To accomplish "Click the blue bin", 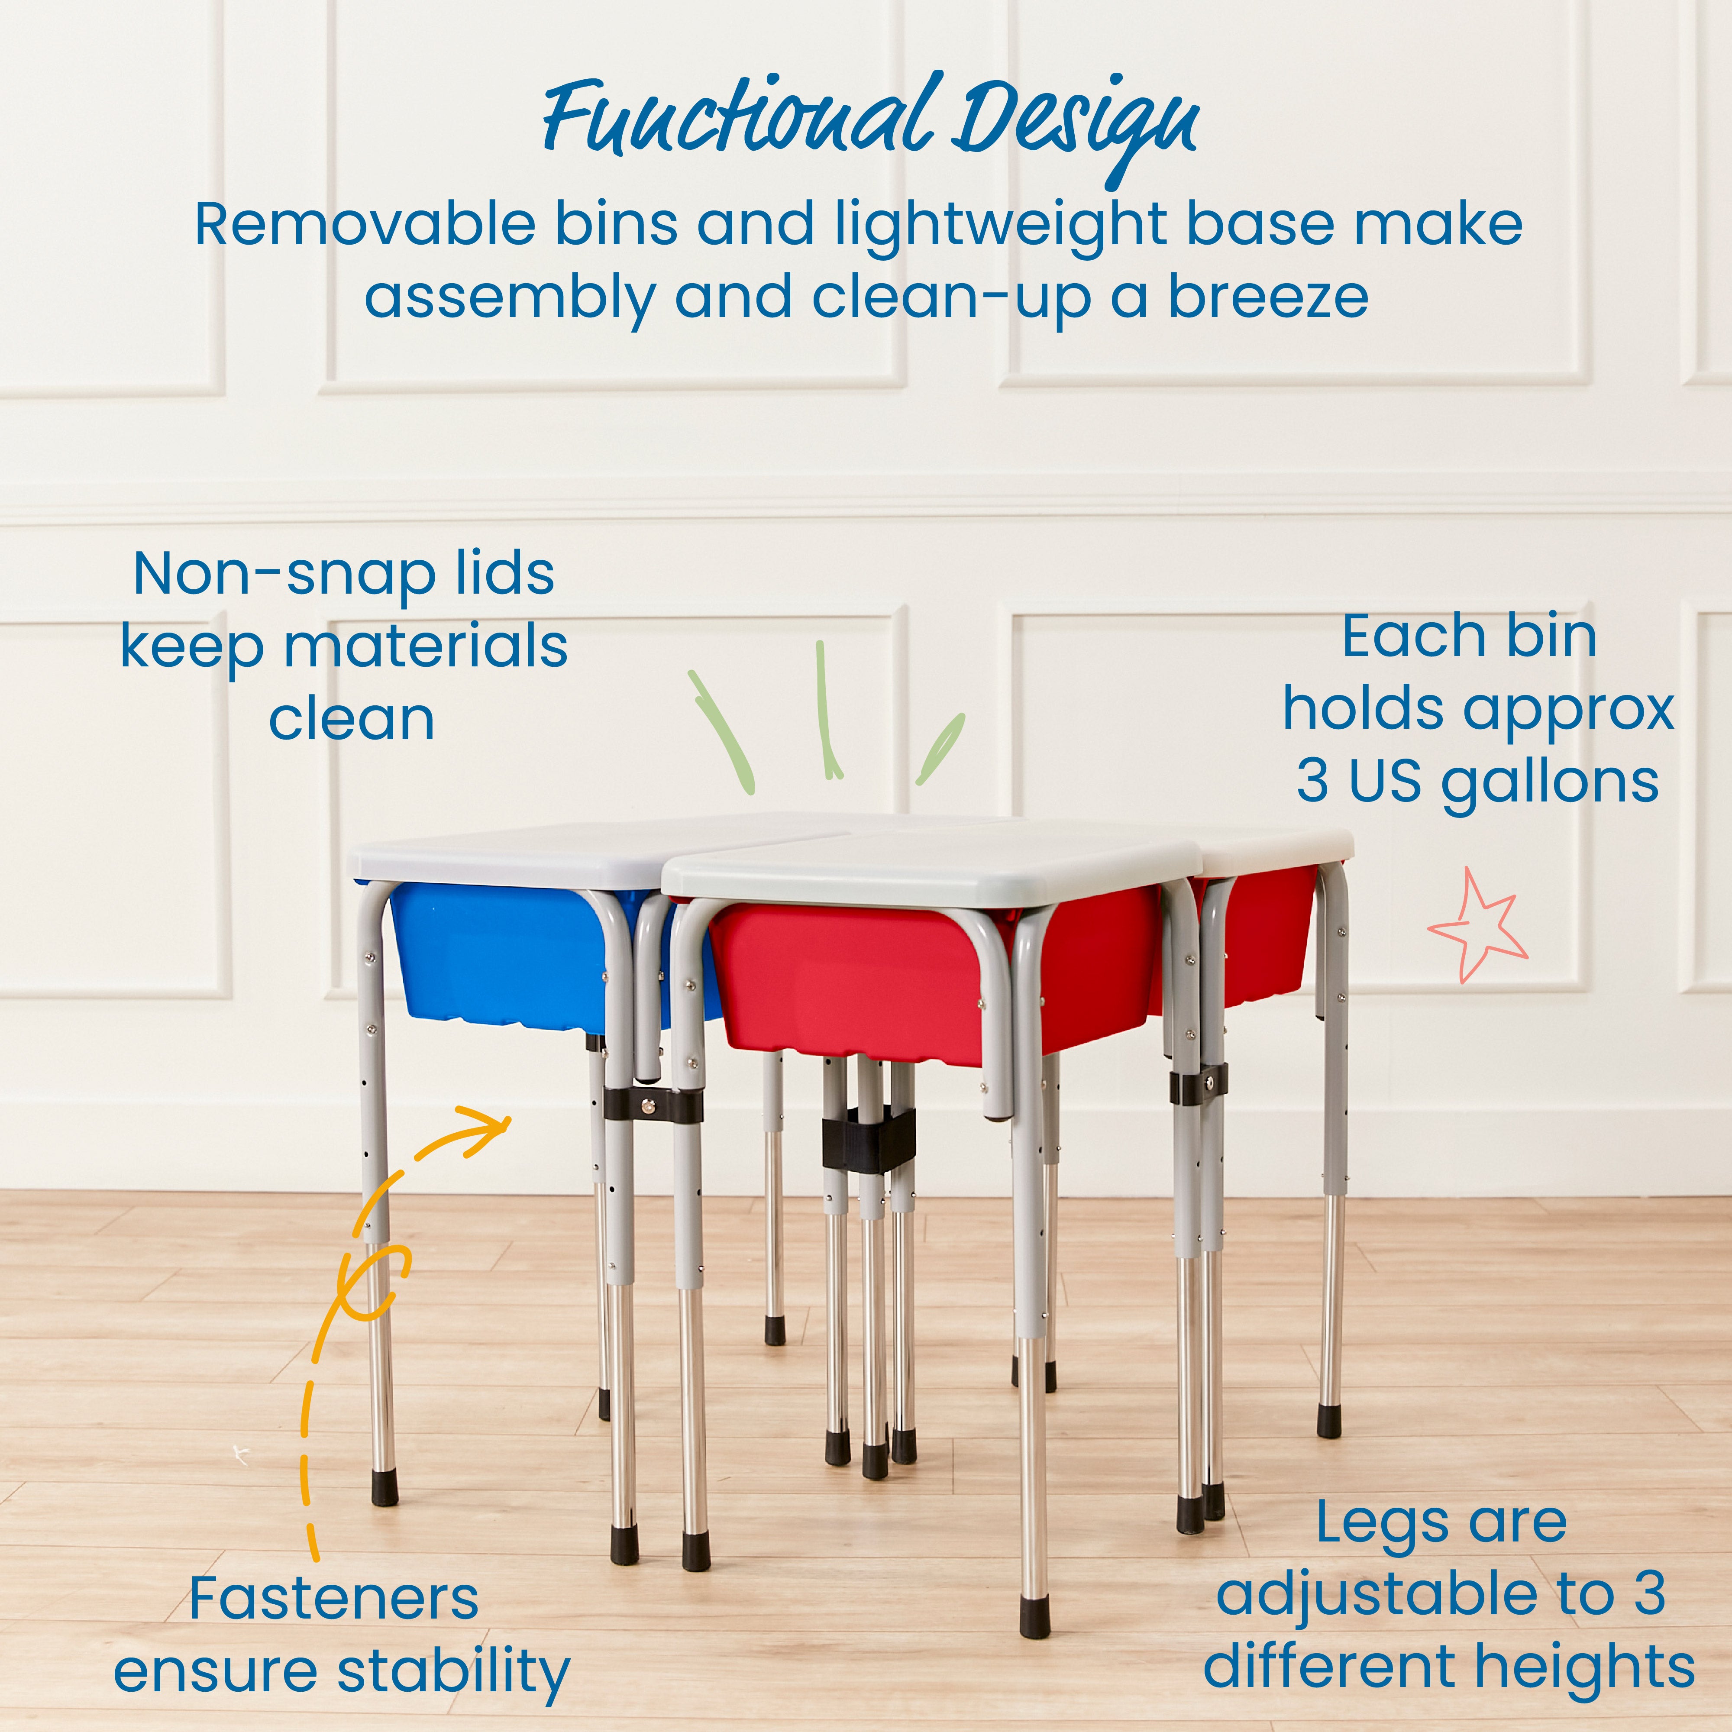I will pos(502,955).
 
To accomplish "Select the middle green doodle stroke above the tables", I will pos(827,708).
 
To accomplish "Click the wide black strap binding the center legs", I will pos(868,1141).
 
